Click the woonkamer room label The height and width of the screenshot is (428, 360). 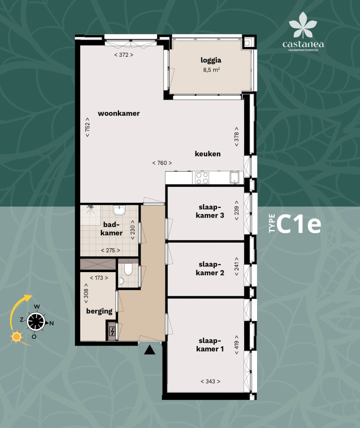coord(119,113)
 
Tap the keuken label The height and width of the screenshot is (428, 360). coord(208,153)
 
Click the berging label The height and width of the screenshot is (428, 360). coord(99,311)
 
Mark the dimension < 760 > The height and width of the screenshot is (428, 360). coord(162,163)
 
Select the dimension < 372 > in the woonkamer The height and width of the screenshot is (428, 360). coord(124,55)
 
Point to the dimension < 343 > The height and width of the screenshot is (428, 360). coord(210,381)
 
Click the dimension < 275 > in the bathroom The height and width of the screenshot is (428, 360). coord(110,250)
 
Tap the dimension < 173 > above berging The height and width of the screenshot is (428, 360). coord(98,278)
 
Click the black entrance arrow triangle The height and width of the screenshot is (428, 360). coord(150,350)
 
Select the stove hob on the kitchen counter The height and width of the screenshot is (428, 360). coord(202,178)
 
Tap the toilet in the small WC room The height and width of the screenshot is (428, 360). coord(128,272)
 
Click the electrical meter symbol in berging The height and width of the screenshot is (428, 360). coord(112,332)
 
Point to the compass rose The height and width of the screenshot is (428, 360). coord(36,322)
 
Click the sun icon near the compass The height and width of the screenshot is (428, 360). coord(17,336)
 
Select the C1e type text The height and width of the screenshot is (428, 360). coord(299,225)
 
